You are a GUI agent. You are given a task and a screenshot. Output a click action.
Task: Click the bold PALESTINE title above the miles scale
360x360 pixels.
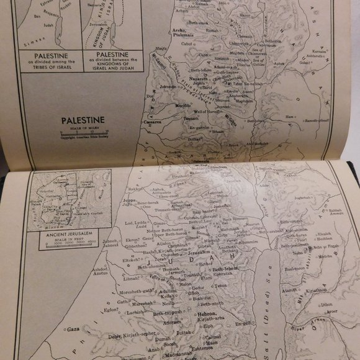(x=82, y=120)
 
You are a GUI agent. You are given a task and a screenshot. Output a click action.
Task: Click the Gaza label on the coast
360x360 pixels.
(x=73, y=328)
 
